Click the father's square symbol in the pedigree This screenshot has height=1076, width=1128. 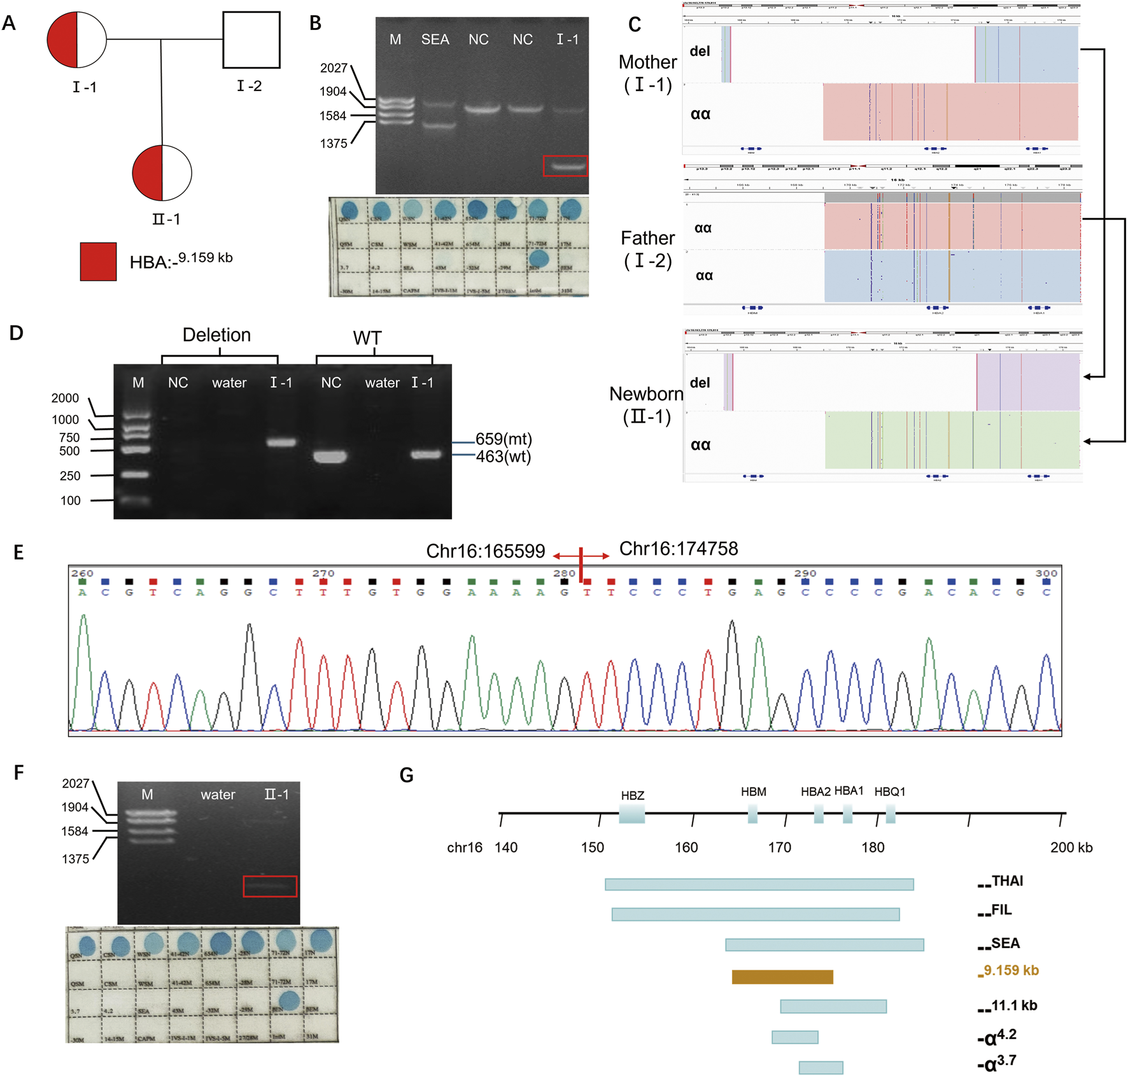coord(251,39)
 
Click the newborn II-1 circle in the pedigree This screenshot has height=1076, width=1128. coord(162,173)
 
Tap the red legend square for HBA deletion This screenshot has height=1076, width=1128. coord(98,261)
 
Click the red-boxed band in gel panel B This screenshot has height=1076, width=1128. coord(565,166)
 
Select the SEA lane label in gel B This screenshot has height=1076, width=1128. coord(435,39)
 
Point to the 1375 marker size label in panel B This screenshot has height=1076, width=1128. coord(334,143)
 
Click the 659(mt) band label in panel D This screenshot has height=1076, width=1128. coord(504,439)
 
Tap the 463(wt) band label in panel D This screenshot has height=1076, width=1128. coord(503,457)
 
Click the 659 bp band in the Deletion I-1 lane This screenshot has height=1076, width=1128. coord(281,442)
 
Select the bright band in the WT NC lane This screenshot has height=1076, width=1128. coord(330,457)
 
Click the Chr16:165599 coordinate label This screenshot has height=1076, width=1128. coord(485,551)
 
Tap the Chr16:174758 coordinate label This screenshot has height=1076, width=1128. coord(679,549)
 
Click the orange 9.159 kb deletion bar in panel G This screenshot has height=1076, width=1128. coord(782,977)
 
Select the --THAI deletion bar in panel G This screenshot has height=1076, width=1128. coord(759,884)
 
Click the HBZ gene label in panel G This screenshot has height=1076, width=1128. coord(632,795)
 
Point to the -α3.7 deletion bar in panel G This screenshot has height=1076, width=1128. coord(821,1068)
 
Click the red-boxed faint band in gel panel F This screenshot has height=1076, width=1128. coord(270,886)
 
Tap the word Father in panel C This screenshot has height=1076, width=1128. coord(647,238)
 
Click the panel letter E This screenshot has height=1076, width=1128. coord(18,552)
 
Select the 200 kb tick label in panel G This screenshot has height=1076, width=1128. coord(1071,847)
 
